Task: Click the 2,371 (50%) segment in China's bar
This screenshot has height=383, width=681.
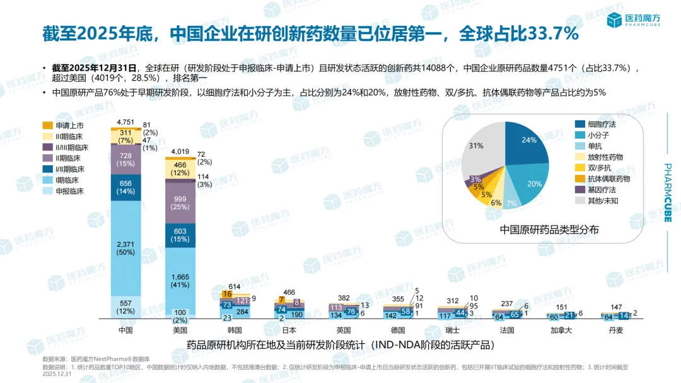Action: pyautogui.click(x=126, y=248)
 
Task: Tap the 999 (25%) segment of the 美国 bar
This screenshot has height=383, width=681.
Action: pyautogui.click(x=180, y=203)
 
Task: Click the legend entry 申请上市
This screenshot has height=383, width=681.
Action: pyautogui.click(x=65, y=125)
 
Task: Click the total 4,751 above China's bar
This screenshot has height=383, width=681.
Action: pyautogui.click(x=126, y=122)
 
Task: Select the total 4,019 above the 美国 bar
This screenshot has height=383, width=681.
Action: pyautogui.click(x=180, y=152)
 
